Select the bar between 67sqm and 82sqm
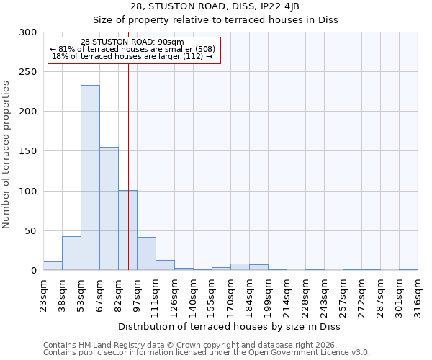[109, 209]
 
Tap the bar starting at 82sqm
[127, 230]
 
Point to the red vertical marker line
[128, 144]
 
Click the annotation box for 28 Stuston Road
[132, 50]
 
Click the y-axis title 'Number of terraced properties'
[6, 154]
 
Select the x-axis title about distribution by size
[230, 326]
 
